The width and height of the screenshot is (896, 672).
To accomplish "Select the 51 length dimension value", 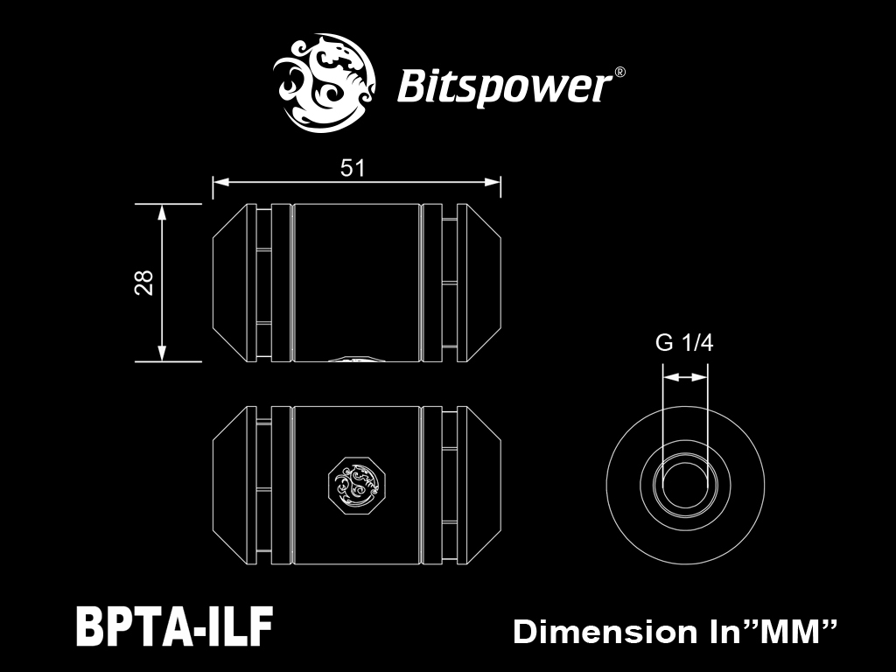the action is click(352, 168).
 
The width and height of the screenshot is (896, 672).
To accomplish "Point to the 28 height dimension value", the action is click(144, 283).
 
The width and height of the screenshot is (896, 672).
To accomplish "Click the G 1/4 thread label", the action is click(684, 343).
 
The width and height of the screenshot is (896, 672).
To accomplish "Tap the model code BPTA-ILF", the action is click(174, 626).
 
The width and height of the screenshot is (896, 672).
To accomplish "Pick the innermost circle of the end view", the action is click(685, 485).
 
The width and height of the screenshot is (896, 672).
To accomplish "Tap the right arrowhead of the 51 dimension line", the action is click(493, 182).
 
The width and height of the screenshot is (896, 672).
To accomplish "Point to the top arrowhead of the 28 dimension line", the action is click(162, 212).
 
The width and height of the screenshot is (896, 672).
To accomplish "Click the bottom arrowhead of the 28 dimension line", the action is click(162, 353).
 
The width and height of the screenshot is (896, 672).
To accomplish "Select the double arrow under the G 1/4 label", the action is click(685, 377).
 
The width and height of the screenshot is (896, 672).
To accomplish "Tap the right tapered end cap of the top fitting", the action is click(479, 283).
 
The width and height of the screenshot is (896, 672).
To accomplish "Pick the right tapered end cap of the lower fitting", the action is click(479, 485).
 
